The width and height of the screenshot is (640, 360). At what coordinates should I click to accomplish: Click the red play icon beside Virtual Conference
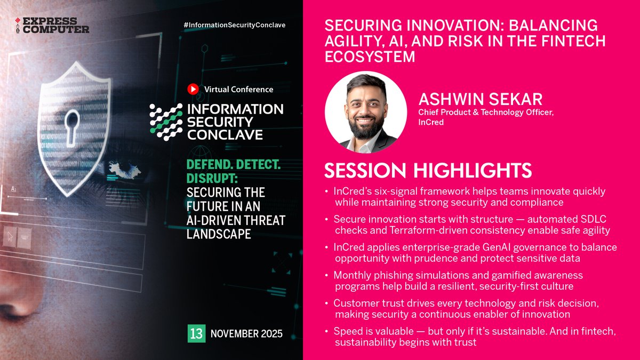[193, 89]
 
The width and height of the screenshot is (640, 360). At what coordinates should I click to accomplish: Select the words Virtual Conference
[238, 90]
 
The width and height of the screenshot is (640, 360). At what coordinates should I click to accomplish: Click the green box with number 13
[196, 334]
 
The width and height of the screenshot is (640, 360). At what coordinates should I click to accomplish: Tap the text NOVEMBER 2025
[246, 334]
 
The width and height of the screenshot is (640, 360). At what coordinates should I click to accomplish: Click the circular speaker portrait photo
[366, 113]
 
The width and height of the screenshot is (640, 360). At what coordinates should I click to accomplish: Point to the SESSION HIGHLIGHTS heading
[428, 170]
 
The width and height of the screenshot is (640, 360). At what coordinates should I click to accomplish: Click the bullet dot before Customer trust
[327, 303]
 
